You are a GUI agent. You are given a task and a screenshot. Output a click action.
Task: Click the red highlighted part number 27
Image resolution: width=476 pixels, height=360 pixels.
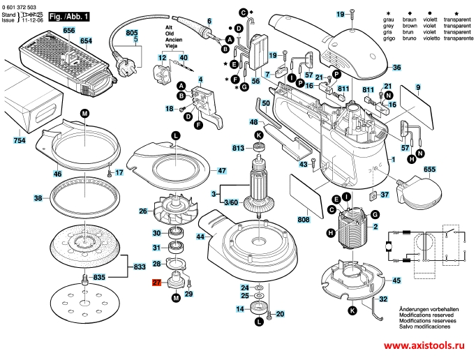pyautogui.click(x=157, y=283)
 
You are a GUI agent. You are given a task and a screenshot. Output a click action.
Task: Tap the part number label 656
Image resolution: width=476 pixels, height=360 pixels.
pyautogui.click(x=68, y=31)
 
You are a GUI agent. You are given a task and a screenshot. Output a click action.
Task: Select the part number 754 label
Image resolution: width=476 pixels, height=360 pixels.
pyautogui.click(x=20, y=141)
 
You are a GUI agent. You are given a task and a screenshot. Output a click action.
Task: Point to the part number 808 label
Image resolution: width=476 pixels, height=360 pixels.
pyautogui.click(x=303, y=220)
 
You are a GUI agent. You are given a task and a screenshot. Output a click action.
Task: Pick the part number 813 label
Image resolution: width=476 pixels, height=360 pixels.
pyautogui.click(x=239, y=148)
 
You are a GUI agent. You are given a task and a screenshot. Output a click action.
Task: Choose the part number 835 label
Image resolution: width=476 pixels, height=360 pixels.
pyautogui.click(x=99, y=278)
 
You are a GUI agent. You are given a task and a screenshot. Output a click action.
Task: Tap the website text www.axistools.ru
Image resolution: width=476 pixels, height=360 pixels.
pyautogui.click(x=426, y=346)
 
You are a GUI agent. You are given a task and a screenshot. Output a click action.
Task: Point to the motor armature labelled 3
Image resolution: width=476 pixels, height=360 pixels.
pyautogui.click(x=255, y=188)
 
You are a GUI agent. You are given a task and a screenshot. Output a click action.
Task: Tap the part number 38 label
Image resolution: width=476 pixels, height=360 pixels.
pyautogui.click(x=38, y=198)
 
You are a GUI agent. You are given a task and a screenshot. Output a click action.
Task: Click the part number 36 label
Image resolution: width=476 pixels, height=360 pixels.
pyautogui.click(x=396, y=68)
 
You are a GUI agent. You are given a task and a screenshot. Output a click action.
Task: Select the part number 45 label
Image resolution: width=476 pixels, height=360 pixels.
pyautogui.click(x=396, y=280)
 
